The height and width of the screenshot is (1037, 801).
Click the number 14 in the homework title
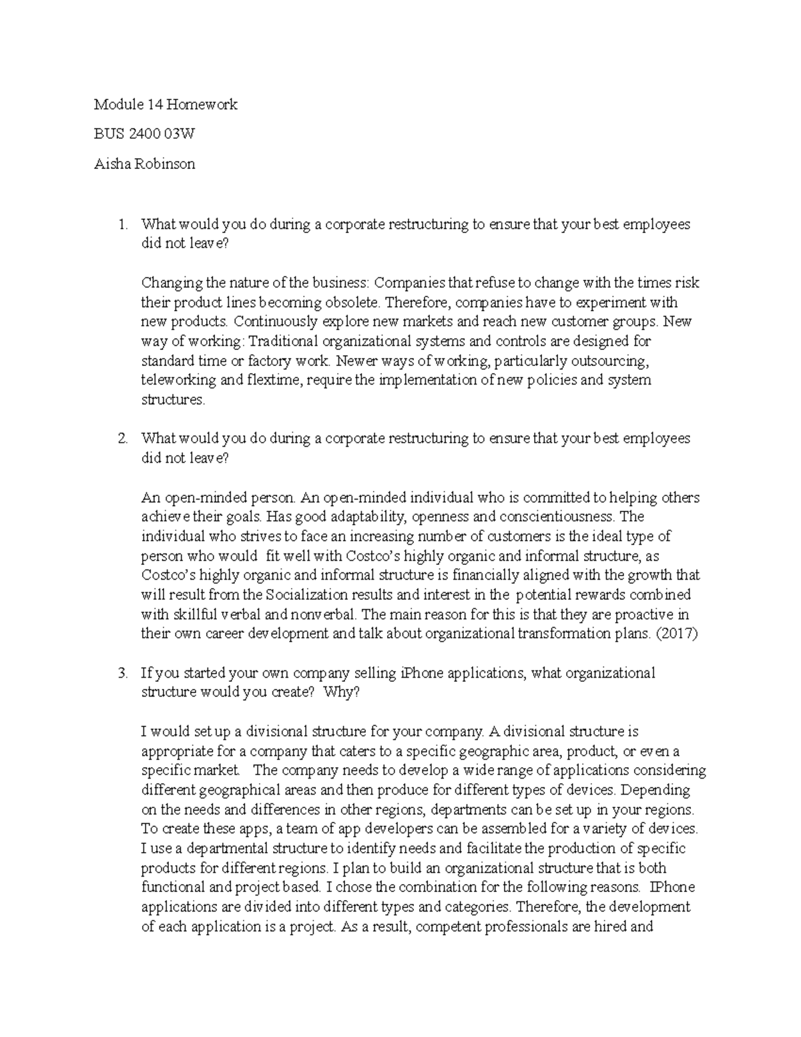[154, 105]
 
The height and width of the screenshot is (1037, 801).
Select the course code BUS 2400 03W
[144, 134]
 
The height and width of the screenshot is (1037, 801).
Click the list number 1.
[121, 224]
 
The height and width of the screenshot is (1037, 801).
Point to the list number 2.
[121, 439]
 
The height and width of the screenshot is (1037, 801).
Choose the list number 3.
[121, 673]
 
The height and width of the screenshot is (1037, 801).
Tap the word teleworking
[178, 381]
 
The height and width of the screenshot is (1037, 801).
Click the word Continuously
[277, 322]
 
